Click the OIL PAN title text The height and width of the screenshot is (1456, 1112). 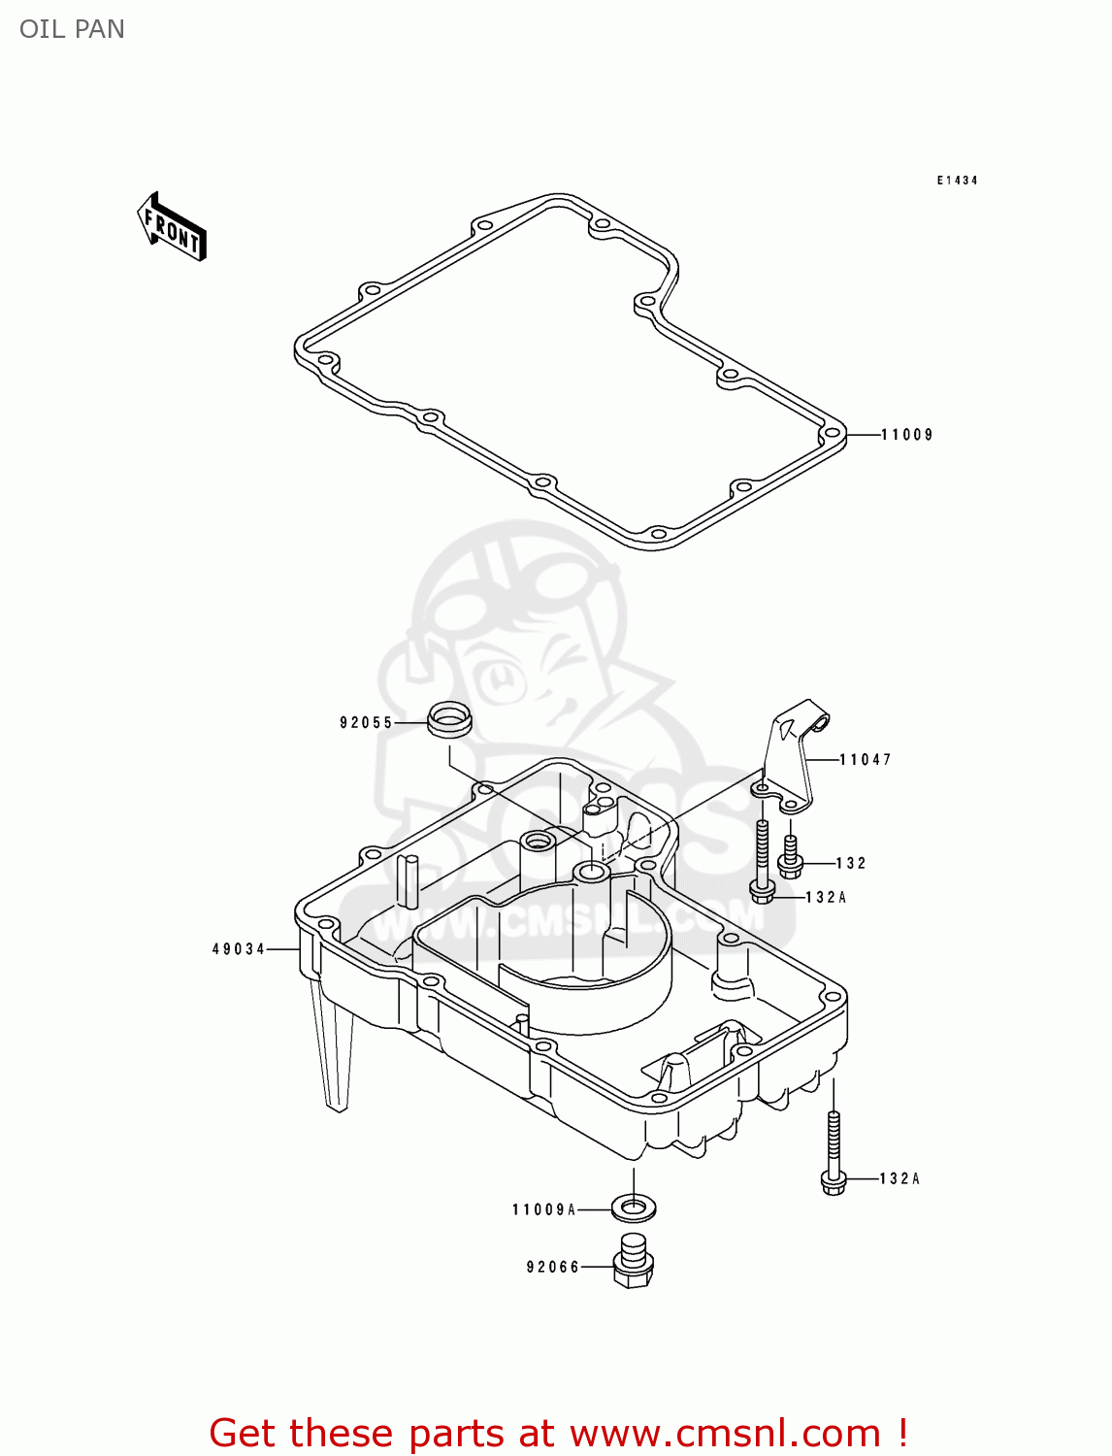72,29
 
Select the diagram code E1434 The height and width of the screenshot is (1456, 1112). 957,181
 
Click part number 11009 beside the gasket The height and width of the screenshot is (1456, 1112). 906,435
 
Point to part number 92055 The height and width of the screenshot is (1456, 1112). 366,723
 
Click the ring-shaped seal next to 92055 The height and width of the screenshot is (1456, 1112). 449,720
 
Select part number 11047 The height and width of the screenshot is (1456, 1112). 865,760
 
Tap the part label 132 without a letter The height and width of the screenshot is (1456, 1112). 850,863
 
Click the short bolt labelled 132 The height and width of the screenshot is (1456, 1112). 791,853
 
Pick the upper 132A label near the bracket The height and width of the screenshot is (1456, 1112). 826,898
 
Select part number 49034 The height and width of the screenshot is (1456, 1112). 239,949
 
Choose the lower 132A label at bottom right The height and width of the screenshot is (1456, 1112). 899,1179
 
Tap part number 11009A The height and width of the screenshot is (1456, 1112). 543,1209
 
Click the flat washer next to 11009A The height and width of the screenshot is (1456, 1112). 635,1208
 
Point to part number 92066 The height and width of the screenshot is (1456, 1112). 552,1267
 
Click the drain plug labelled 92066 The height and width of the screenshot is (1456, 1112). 633,1261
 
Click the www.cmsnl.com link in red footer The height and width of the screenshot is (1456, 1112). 724,1433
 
